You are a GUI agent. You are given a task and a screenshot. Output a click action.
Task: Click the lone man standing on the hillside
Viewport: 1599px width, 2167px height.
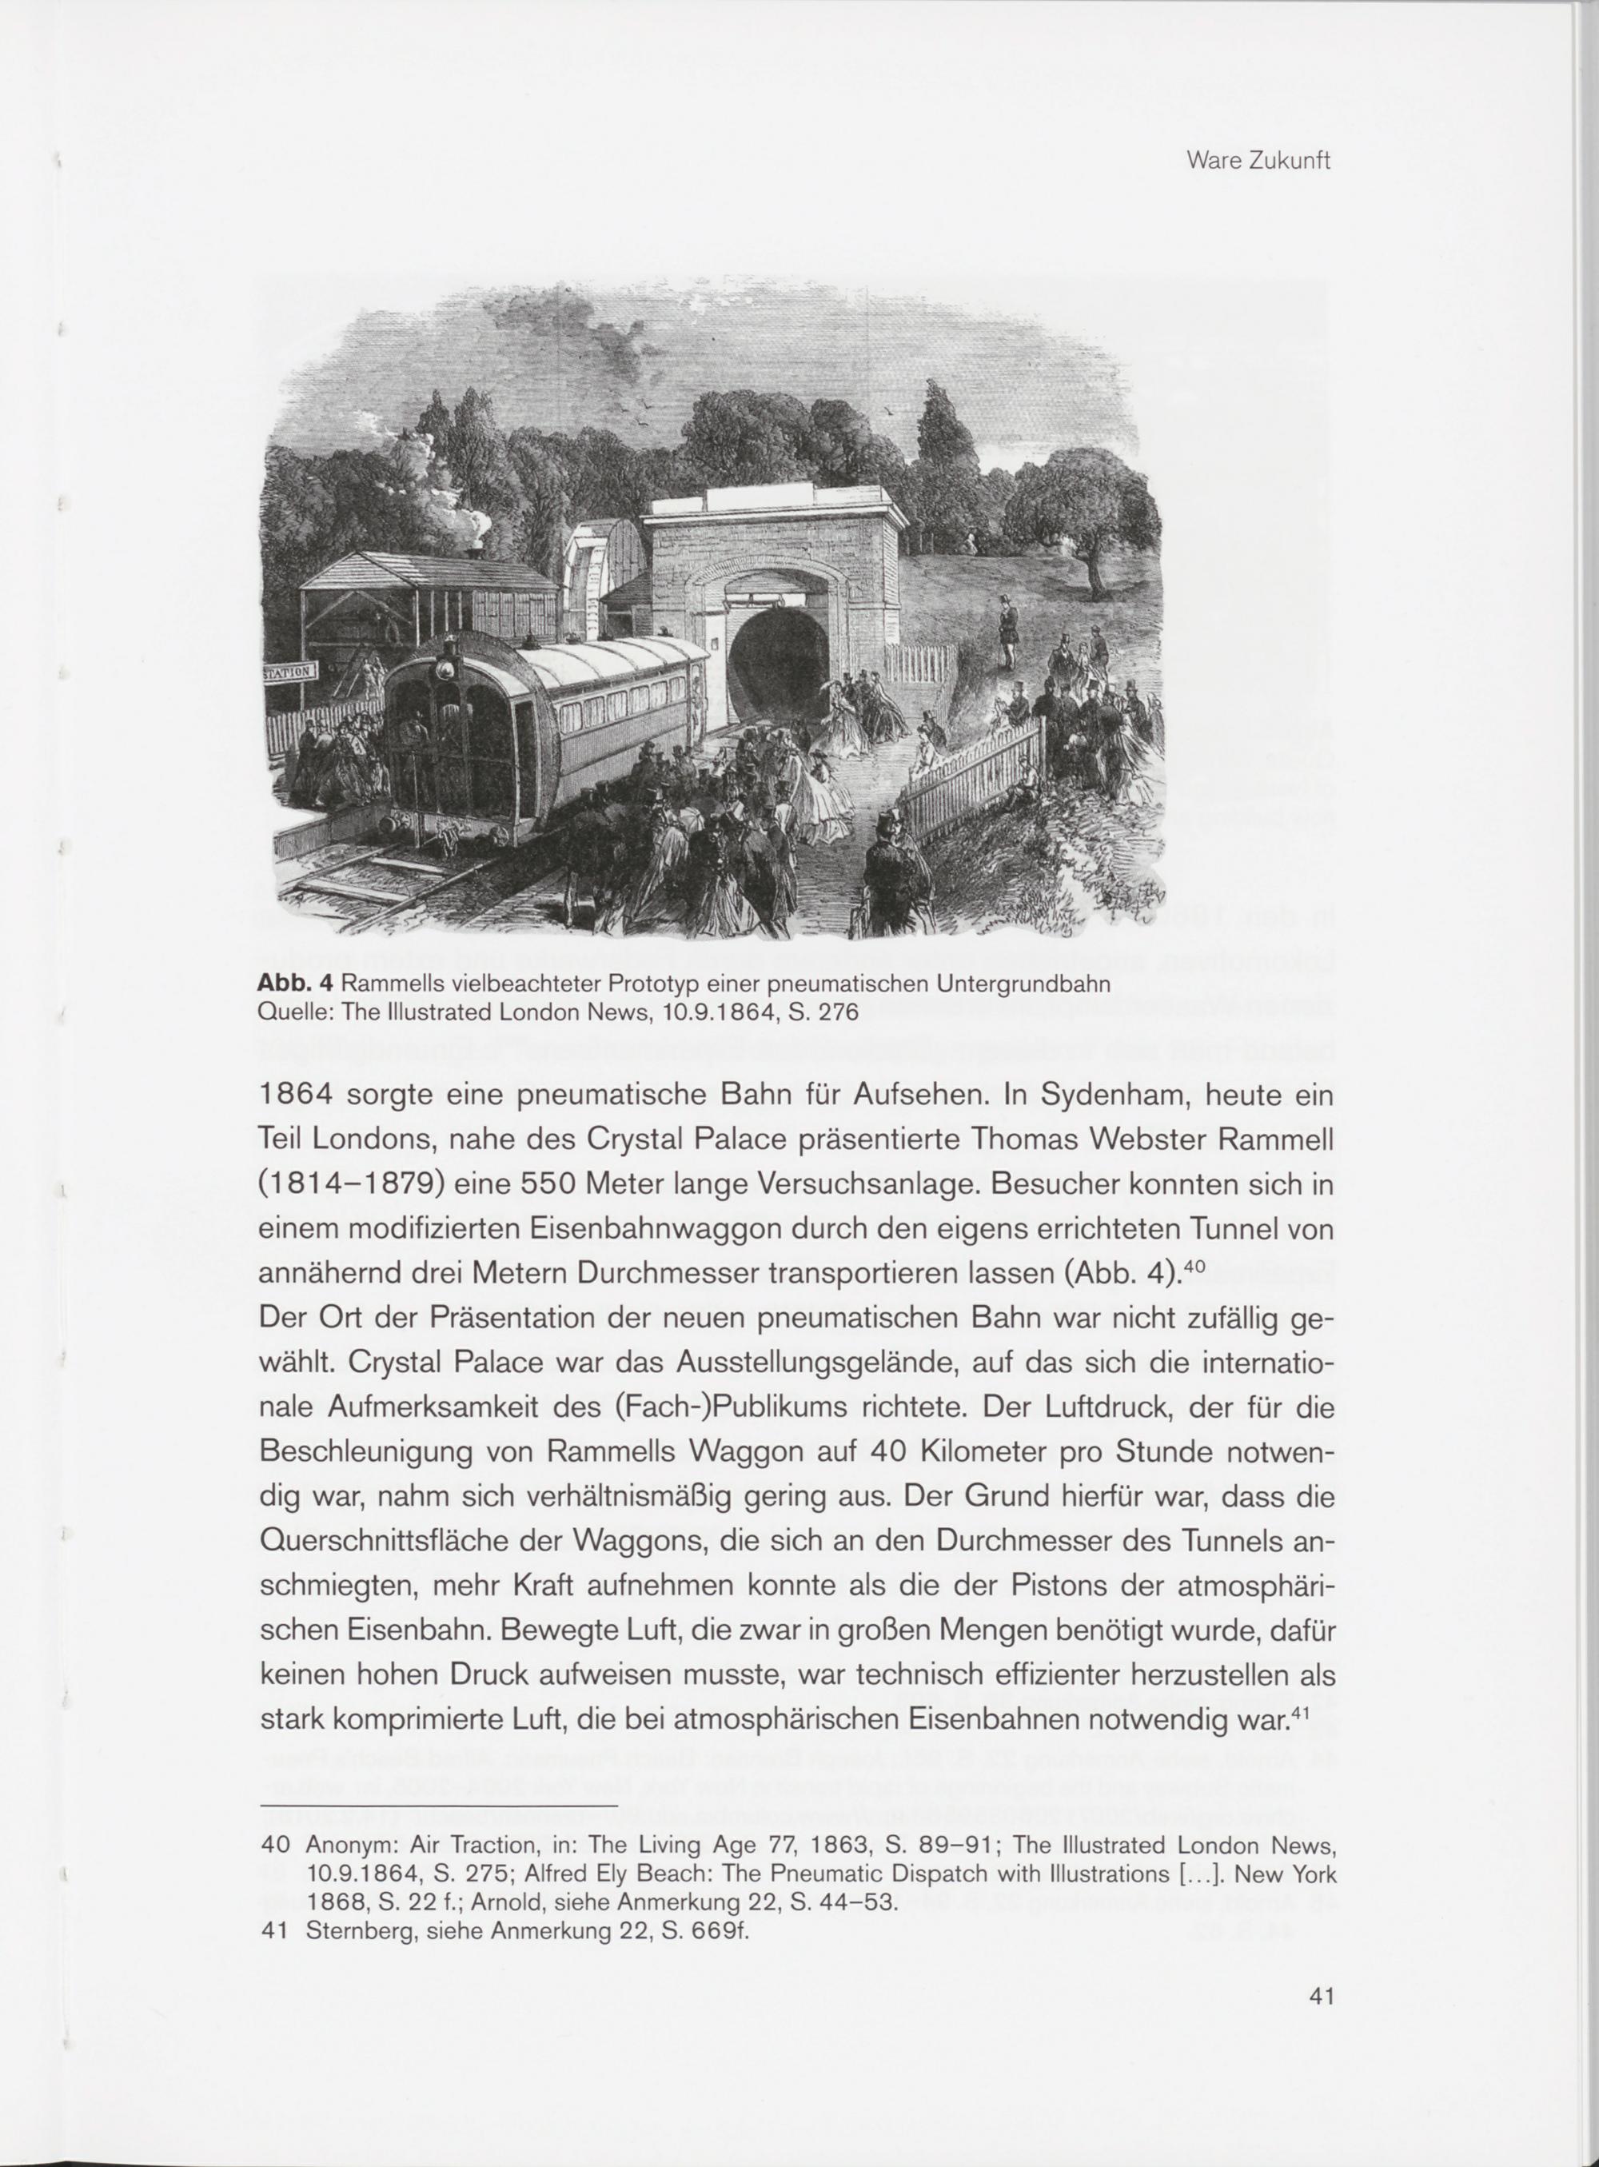(x=1007, y=634)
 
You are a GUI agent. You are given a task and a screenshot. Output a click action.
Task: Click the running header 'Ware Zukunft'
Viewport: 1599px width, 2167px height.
(x=1258, y=161)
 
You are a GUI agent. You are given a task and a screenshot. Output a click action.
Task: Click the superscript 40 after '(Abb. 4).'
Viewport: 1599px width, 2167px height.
(x=1195, y=1265)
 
